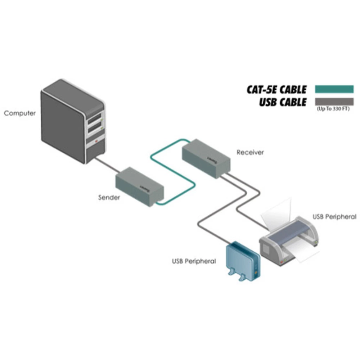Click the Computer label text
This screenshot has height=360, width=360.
point(20,113)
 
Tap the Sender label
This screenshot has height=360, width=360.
point(109,197)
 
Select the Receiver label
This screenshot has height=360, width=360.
point(250,152)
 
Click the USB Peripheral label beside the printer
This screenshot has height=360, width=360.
point(334,217)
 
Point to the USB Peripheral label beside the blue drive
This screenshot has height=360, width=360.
point(194,261)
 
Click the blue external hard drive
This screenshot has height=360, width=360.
point(241,259)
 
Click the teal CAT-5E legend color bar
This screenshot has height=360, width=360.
point(334,89)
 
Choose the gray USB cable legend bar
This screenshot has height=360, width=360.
point(334,101)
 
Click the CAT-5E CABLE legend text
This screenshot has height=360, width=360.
point(276,89)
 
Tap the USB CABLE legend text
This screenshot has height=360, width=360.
point(283,102)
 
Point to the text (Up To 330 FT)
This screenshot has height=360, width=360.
point(333,108)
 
